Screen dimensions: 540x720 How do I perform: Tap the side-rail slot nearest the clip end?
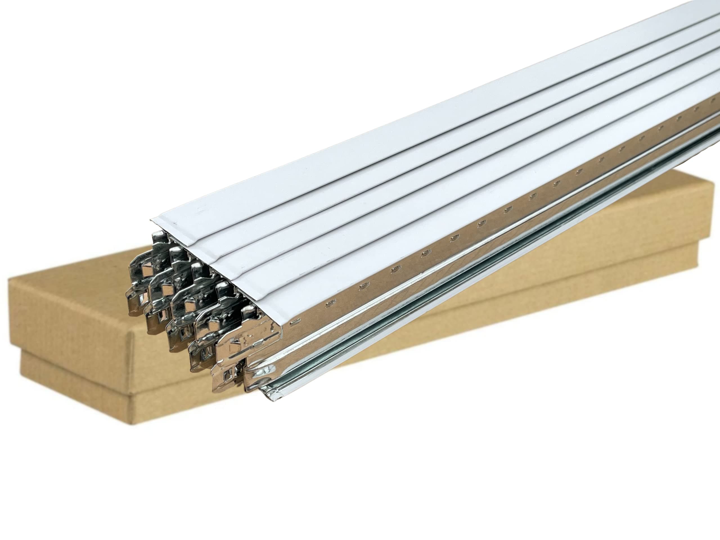tap(294, 322)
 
